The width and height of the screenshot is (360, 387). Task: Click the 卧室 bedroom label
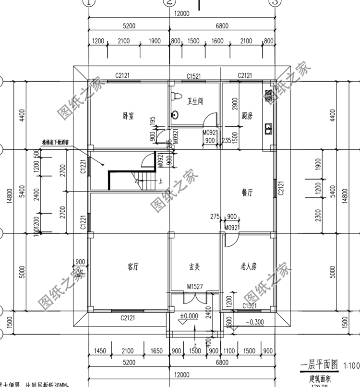point(128,116)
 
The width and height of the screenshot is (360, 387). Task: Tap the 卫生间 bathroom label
point(195,101)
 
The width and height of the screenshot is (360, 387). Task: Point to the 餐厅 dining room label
point(247,192)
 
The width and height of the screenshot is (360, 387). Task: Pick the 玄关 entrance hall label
point(194,266)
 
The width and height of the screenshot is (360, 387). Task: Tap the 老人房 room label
point(247,266)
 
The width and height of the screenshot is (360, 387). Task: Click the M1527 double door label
point(194,287)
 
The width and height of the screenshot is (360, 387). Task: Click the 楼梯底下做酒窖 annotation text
point(56,143)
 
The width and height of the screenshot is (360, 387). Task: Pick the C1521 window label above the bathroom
point(194,76)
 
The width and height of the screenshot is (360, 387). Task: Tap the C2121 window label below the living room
point(127,317)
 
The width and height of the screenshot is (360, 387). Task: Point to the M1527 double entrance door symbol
point(194,297)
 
